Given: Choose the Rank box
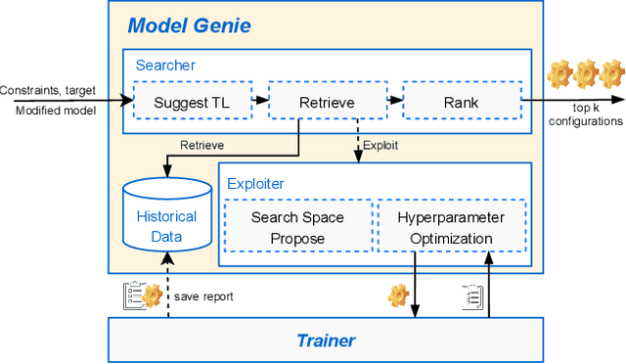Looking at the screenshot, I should [461, 101].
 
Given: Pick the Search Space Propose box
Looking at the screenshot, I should [297, 227].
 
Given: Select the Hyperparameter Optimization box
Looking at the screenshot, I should [451, 227].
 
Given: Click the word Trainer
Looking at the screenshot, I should [326, 341].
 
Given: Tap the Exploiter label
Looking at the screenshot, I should [255, 183].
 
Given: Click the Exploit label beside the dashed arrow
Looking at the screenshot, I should [380, 146].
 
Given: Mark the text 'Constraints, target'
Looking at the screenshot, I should [50, 90].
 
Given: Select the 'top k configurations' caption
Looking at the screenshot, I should [587, 114].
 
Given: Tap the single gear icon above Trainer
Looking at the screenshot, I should [397, 295].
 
